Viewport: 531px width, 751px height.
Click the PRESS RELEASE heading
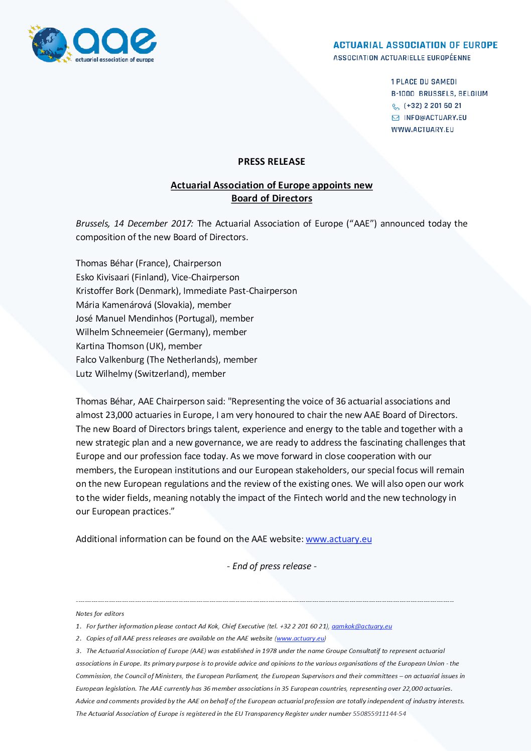(x=272, y=161)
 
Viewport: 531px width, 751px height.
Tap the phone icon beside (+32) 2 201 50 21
(x=395, y=106)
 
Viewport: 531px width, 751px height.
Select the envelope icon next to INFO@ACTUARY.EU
(x=395, y=118)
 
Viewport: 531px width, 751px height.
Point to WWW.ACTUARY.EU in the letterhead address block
(x=422, y=130)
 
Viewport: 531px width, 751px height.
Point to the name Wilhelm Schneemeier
(x=119, y=332)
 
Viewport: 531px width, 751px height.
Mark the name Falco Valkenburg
(x=110, y=360)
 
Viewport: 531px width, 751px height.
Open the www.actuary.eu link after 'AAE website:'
(x=339, y=539)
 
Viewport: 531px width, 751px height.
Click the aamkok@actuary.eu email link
(x=362, y=626)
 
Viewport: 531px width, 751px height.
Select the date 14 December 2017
(x=153, y=224)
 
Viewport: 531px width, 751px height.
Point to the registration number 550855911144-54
(x=379, y=713)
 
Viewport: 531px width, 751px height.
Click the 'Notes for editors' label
(x=100, y=613)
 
